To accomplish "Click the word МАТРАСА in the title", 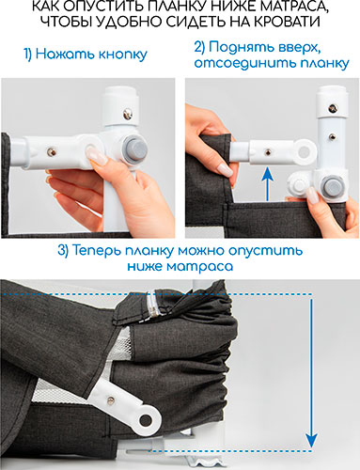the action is point(293,7).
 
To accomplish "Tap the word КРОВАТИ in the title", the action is point(287,22).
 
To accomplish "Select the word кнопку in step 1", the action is point(122,55).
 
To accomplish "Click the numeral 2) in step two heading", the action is point(200,47).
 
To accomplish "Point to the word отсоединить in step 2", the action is point(245,63).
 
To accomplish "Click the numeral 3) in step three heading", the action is point(63,251).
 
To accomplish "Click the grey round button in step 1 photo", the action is point(134,149).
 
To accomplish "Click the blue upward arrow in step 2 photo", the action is point(267,184).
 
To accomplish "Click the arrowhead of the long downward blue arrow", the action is point(311,441).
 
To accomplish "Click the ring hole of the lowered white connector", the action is point(146,419).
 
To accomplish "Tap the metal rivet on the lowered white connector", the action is point(111,399).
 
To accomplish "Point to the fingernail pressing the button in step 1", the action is point(94,154).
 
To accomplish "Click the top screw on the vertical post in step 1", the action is point(128,113).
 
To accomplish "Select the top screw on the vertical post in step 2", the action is point(333,109).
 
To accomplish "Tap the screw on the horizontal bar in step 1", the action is point(52,152).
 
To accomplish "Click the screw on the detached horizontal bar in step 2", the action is point(268,152).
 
